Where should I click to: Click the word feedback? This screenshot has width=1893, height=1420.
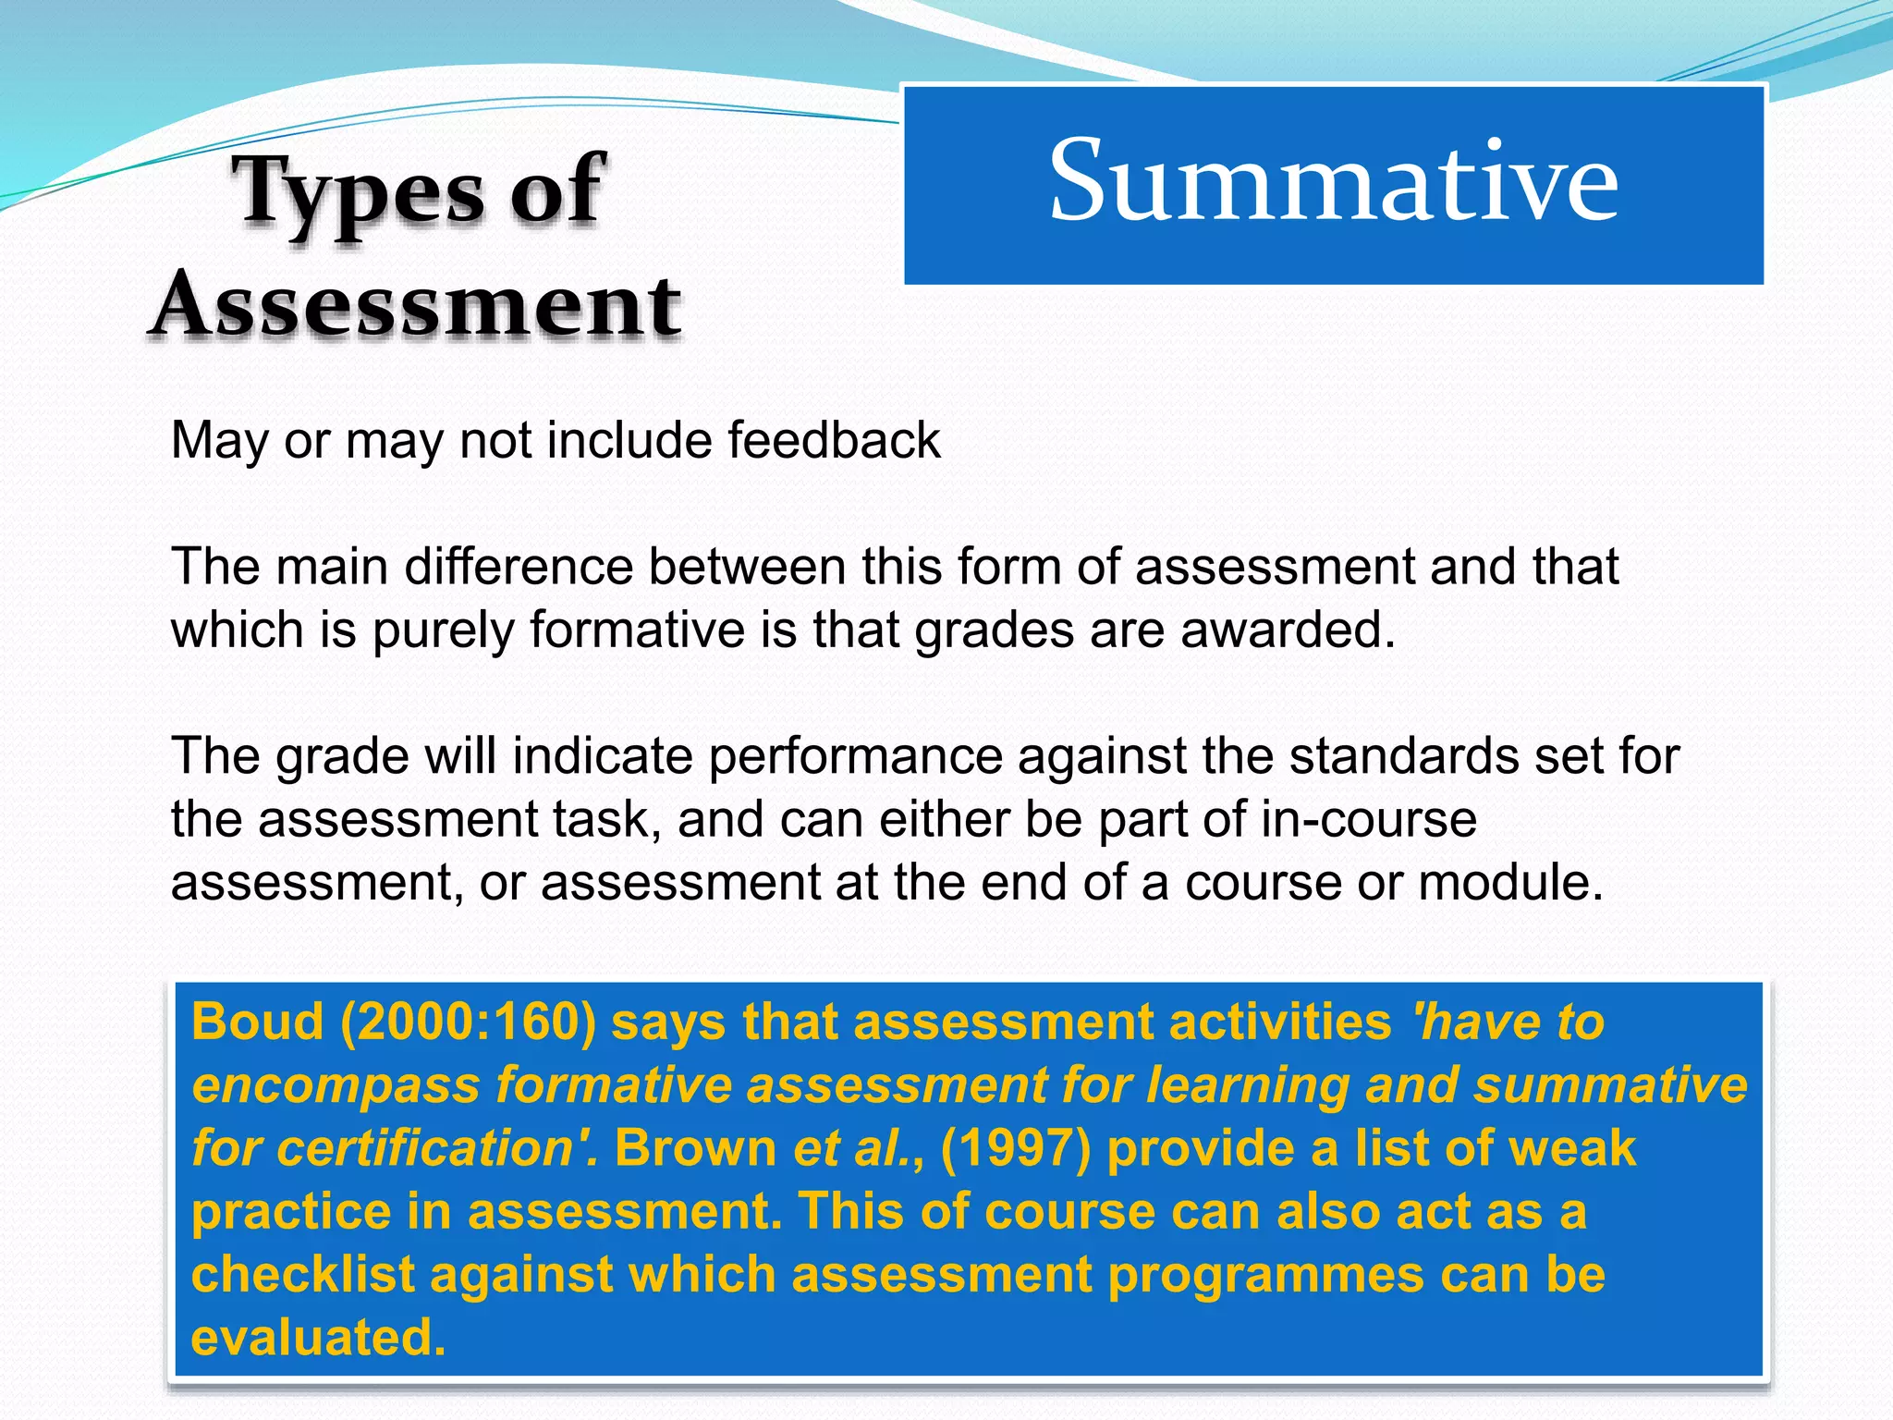click(834, 440)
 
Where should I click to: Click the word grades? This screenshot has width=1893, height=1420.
click(994, 630)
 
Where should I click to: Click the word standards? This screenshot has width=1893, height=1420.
click(1404, 756)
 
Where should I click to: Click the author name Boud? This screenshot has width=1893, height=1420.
click(258, 1022)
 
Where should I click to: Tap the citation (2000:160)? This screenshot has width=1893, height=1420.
click(469, 1022)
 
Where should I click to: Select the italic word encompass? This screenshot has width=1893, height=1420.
click(336, 1084)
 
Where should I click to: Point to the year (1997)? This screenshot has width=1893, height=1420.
click(1016, 1148)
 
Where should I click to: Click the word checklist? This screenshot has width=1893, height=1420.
click(303, 1274)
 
